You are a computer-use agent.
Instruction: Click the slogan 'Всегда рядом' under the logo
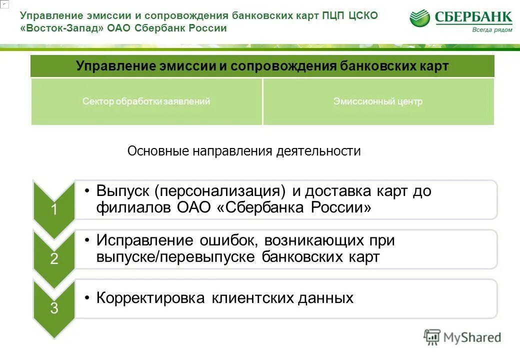(492, 29)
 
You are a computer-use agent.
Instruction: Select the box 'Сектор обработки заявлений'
(146, 101)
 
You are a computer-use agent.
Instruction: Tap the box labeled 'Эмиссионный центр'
(378, 101)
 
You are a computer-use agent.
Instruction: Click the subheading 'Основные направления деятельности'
(244, 151)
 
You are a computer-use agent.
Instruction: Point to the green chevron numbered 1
(53, 210)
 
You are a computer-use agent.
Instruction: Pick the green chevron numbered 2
(53, 259)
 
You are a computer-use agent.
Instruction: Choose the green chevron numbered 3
(53, 308)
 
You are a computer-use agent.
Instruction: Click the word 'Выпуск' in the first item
(123, 191)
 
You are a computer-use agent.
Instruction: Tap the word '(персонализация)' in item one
(220, 191)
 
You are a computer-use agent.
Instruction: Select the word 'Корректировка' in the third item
(150, 298)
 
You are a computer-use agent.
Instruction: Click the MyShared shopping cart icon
(431, 337)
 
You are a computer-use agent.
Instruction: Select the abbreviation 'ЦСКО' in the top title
(362, 16)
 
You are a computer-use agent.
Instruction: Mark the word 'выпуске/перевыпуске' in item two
(176, 257)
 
